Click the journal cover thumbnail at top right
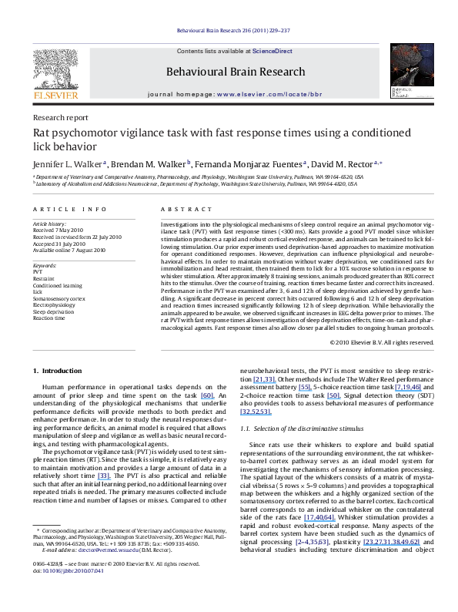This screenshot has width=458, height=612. (405, 77)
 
